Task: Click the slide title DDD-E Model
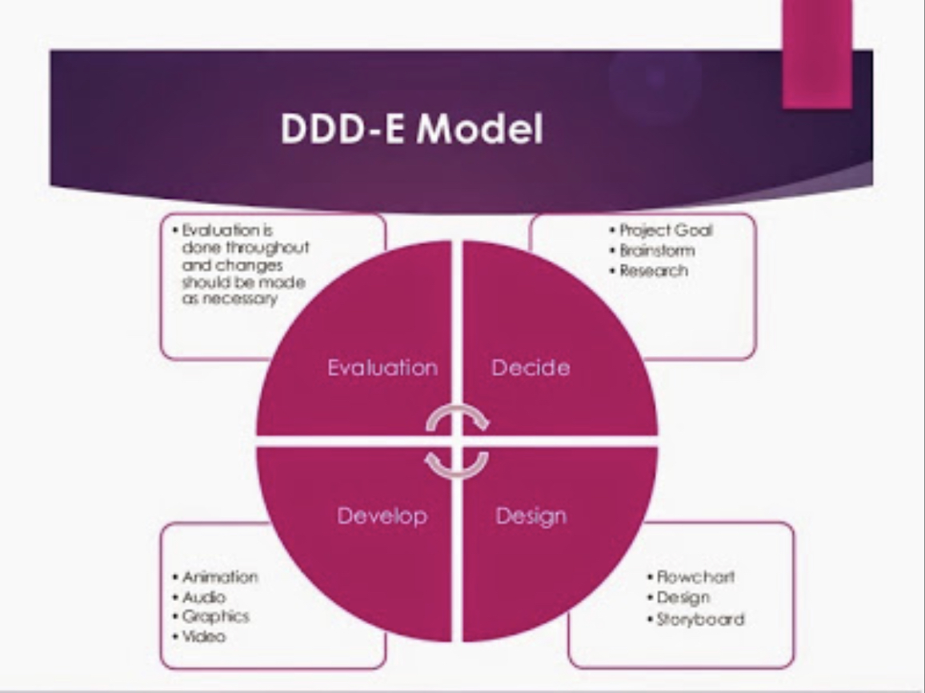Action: click(x=411, y=130)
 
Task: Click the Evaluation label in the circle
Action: click(x=382, y=367)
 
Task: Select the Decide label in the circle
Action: click(x=531, y=367)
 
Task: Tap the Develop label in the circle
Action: click(x=382, y=516)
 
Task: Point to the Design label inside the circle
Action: click(x=531, y=516)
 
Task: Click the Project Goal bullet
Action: click(x=666, y=230)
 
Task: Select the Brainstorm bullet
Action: click(x=657, y=250)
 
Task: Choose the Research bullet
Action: click(x=654, y=270)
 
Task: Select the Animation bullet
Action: click(x=219, y=577)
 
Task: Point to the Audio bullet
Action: click(x=203, y=597)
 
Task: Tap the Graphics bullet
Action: click(x=215, y=616)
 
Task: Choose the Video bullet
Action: click(x=203, y=637)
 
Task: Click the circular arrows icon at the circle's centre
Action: click(x=457, y=441)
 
